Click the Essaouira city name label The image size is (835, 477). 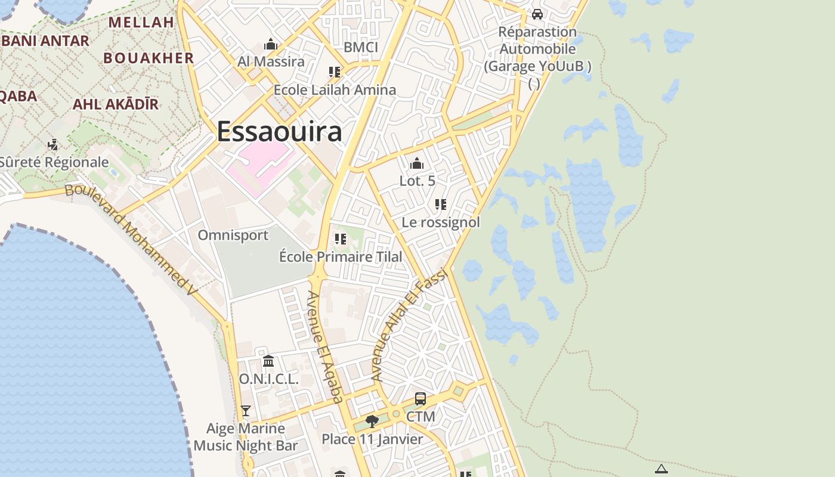(279, 132)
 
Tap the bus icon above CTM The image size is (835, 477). (420, 399)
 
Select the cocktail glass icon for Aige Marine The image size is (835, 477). (245, 410)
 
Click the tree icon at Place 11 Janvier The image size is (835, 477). (372, 422)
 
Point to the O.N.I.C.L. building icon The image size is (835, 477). (268, 361)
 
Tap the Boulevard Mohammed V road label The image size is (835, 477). (131, 239)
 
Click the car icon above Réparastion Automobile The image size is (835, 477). (537, 14)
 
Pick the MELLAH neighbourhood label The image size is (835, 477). (141, 22)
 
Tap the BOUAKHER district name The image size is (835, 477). (149, 58)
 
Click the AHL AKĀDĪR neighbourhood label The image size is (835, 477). (116, 104)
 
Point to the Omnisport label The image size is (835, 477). (233, 235)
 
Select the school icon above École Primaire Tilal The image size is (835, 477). (341, 239)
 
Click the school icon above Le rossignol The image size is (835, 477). (441, 205)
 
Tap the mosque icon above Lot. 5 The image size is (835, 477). (417, 163)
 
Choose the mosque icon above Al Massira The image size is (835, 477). (271, 44)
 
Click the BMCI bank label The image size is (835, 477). (361, 47)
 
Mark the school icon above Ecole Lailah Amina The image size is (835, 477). (335, 72)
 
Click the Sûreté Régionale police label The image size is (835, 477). (54, 162)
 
